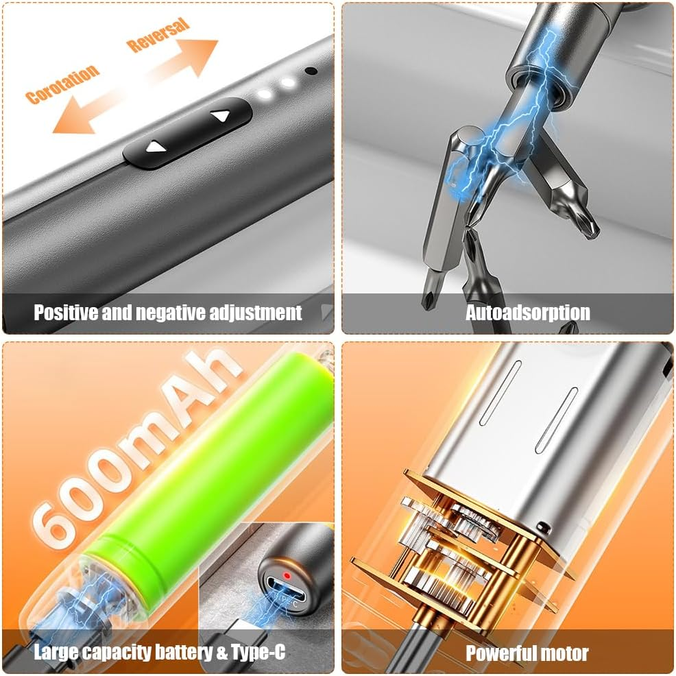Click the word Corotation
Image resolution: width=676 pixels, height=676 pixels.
click(x=62, y=84)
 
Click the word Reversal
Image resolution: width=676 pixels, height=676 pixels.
click(x=158, y=35)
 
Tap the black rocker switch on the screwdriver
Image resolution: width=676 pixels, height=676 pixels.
click(x=187, y=132)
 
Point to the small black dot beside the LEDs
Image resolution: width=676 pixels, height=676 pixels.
click(x=311, y=71)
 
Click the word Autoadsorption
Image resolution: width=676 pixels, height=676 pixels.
click(x=527, y=313)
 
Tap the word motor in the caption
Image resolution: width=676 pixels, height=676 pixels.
click(x=564, y=653)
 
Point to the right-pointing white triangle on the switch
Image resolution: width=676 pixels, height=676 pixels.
click(x=220, y=116)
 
